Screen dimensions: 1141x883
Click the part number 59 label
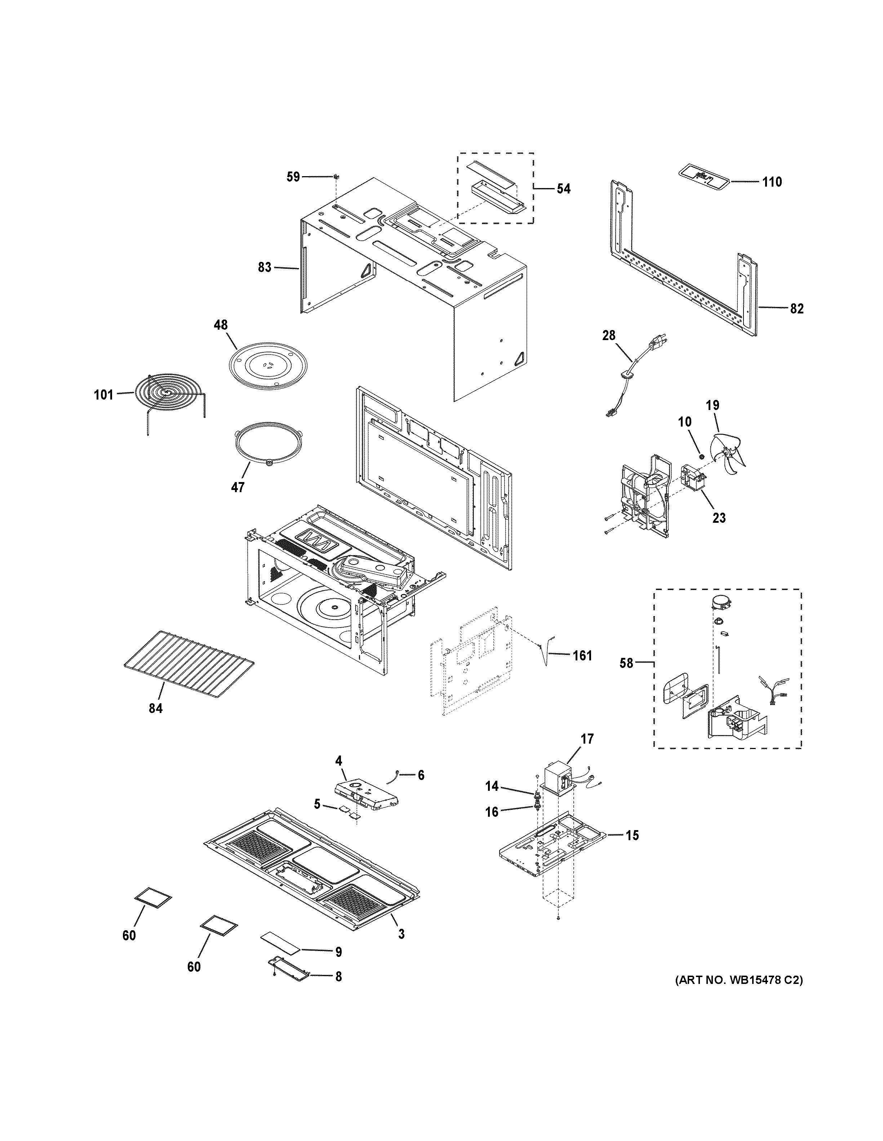(293, 177)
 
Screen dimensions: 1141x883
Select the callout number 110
(771, 182)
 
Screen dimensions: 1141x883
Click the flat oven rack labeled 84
(188, 663)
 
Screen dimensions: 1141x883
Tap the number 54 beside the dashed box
(563, 188)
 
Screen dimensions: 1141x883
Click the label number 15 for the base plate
(632, 835)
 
